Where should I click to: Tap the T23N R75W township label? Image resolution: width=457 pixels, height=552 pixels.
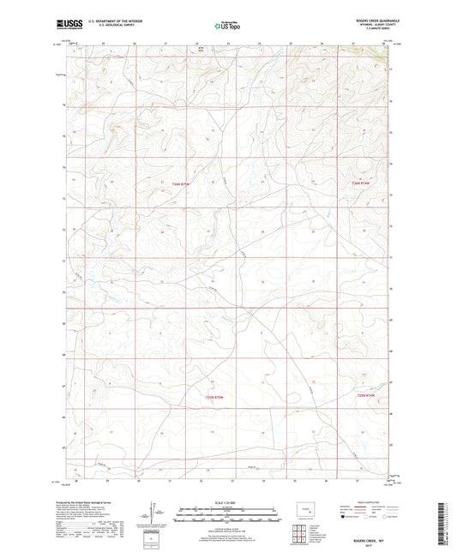click(x=219, y=396)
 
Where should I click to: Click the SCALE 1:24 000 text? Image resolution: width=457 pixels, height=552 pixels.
click(x=227, y=502)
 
